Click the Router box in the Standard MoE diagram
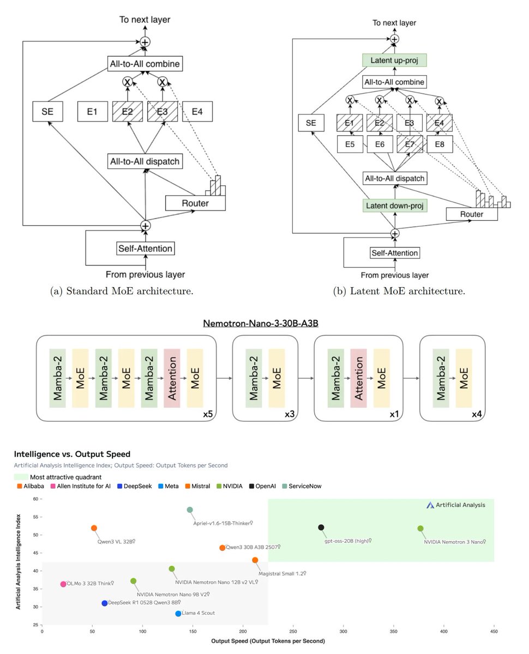195,203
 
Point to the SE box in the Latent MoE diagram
311,123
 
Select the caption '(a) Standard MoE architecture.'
121,291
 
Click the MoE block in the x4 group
464,378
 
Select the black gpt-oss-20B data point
321,527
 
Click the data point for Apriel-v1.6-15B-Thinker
190,510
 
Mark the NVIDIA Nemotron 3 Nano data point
420,529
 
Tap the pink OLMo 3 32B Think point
63,584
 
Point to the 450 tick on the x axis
494,632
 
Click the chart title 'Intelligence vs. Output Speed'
72,454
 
